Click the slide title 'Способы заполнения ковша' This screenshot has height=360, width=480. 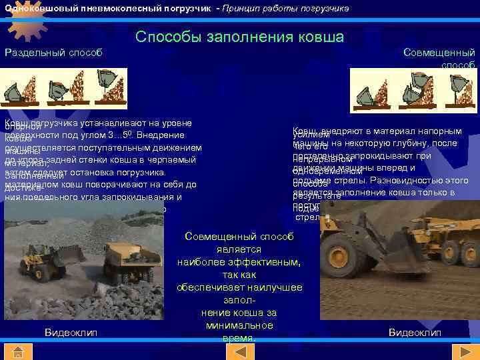click(x=239, y=37)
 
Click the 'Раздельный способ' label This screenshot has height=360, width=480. click(x=54, y=53)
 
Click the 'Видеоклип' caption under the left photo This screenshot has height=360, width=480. click(x=71, y=331)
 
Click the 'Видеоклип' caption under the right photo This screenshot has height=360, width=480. click(x=415, y=331)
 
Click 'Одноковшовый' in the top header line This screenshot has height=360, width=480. click(x=36, y=8)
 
